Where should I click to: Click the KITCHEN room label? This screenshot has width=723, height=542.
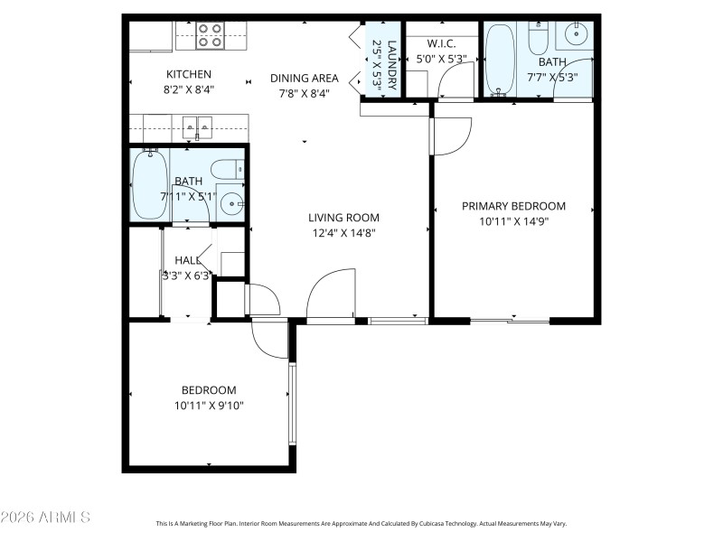188,74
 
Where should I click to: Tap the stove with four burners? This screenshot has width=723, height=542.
211,35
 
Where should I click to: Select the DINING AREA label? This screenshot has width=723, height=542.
305,78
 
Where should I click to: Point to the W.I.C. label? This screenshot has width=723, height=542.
441,43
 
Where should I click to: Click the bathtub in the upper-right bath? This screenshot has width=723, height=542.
499,59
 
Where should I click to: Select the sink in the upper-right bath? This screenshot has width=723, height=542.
576,36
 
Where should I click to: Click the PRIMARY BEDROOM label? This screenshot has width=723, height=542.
513,206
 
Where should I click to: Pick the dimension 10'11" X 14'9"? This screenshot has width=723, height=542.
513,220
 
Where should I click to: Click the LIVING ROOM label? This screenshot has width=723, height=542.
343,218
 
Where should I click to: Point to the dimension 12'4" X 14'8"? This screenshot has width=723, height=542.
343,232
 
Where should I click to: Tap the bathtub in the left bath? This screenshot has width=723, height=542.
148,184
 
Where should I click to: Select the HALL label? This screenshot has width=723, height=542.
187,260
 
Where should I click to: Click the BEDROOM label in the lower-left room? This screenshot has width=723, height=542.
209,390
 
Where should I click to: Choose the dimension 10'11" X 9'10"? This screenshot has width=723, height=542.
209,406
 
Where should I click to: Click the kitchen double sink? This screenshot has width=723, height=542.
196,126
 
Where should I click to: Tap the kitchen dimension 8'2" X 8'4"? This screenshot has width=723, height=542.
188,89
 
